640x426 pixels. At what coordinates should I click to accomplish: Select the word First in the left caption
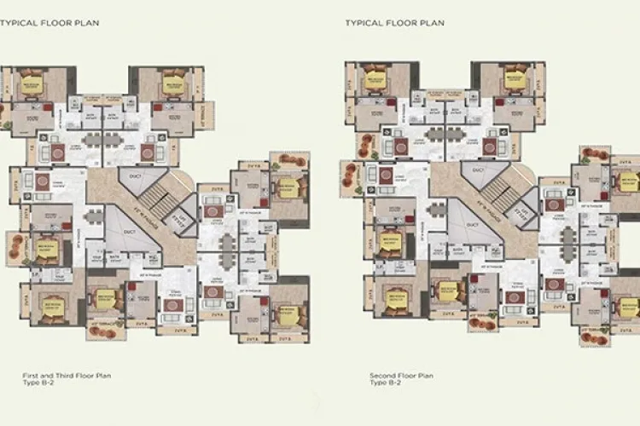point(30,375)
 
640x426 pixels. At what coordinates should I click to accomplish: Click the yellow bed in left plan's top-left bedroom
point(35,85)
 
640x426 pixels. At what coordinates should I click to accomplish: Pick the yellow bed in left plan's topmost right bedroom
point(173,85)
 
